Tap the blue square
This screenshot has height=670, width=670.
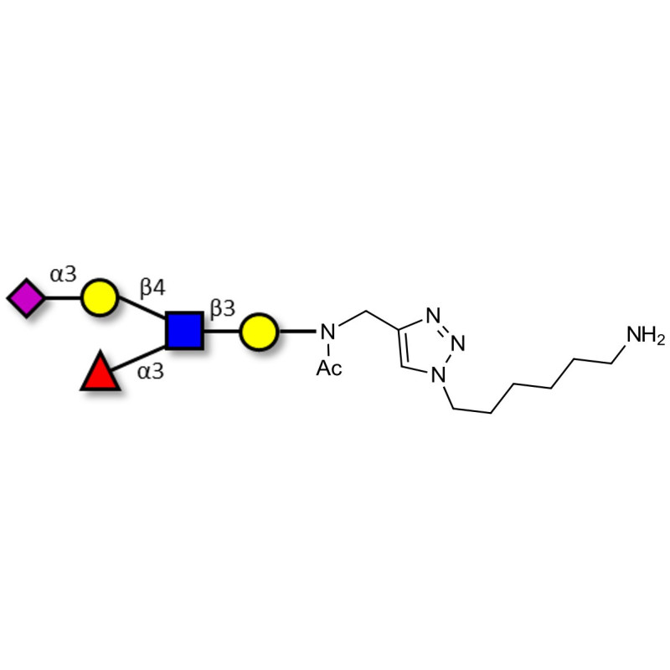(184, 331)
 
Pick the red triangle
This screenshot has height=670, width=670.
(100, 374)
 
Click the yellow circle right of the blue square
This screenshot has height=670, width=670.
(258, 331)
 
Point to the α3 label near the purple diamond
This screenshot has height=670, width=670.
(63, 274)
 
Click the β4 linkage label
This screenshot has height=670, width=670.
(152, 287)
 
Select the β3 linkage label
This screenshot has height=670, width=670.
(222, 308)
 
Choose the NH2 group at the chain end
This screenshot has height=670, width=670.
(646, 337)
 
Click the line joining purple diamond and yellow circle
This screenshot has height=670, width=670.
(63, 297)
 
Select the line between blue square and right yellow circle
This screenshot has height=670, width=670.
(221, 331)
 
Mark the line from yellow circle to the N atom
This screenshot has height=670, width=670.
(296, 331)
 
